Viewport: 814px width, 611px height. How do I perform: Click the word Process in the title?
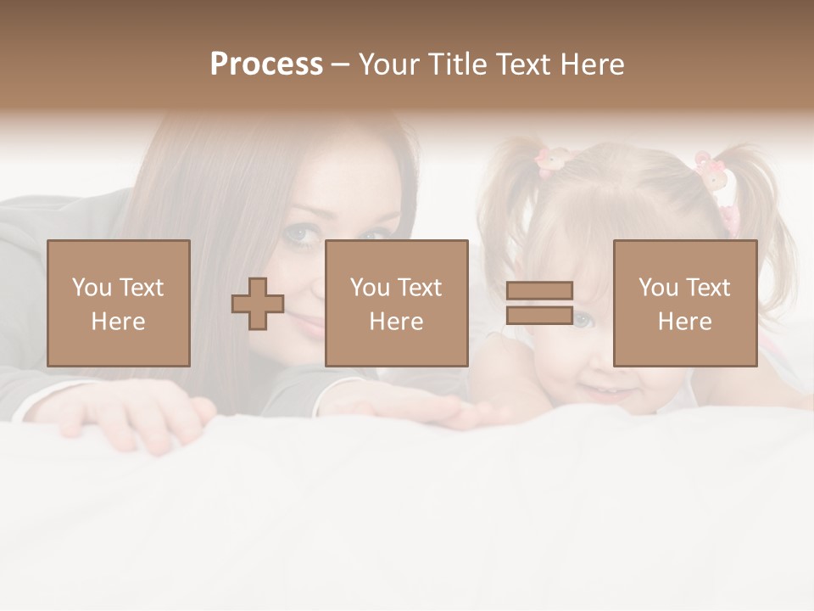(x=266, y=64)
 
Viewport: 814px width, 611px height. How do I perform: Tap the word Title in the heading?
(x=458, y=64)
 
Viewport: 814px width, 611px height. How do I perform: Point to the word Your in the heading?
(x=389, y=64)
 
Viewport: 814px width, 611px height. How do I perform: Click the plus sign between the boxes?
(x=258, y=303)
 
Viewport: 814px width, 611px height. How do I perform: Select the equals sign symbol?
(x=539, y=303)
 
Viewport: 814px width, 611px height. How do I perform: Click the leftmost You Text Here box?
(x=119, y=303)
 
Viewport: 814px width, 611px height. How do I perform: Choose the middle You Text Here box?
(x=396, y=303)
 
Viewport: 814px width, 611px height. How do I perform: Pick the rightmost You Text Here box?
(x=684, y=303)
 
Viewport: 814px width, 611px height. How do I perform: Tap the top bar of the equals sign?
(x=539, y=291)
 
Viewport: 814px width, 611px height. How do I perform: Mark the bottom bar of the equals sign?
(x=539, y=315)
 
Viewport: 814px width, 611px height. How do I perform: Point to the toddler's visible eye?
(x=583, y=320)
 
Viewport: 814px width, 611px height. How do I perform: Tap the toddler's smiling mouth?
(x=604, y=391)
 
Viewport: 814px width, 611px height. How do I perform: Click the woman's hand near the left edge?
(x=136, y=416)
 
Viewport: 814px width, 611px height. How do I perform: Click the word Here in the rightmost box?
(x=684, y=322)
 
